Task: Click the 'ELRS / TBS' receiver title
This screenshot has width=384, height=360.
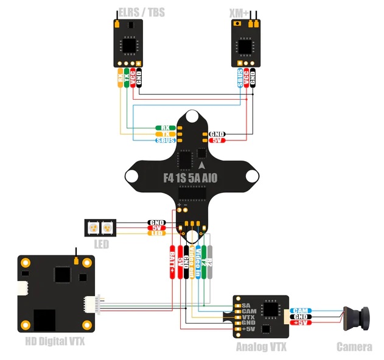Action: point(141,13)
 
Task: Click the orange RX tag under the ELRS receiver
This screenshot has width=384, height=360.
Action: point(120,78)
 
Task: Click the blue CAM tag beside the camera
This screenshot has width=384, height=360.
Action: point(301,310)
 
